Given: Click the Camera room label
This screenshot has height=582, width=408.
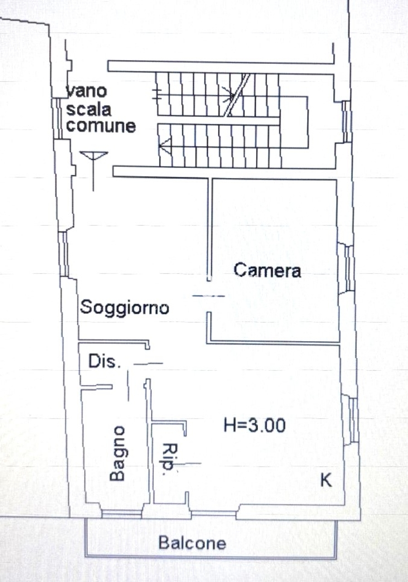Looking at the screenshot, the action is click(x=267, y=270).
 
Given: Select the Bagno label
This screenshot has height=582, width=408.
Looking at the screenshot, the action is click(x=117, y=453).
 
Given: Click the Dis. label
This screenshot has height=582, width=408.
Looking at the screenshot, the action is click(x=105, y=361).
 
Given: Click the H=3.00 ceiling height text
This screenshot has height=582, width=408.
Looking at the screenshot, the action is click(x=255, y=425).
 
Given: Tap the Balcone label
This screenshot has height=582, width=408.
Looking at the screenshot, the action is click(x=192, y=543).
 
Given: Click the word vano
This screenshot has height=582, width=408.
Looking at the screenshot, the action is click(x=86, y=91).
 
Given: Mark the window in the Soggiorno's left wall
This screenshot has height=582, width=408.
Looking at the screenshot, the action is click(x=63, y=254).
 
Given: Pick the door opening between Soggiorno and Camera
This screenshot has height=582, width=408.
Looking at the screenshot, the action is click(x=209, y=296).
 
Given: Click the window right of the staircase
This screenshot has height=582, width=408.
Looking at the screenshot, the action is click(x=346, y=121).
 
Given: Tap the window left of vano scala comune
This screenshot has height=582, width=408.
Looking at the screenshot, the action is click(x=58, y=119).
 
